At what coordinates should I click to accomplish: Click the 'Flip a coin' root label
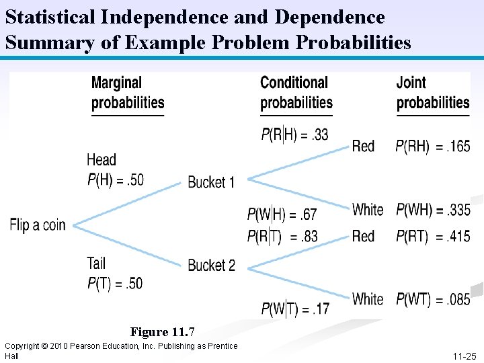[x=38, y=225]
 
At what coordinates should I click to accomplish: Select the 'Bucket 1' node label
[x=211, y=182]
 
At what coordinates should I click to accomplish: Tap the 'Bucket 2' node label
[x=211, y=266]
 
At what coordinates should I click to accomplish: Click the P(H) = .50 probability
[x=115, y=179]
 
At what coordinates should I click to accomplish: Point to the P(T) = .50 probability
[x=115, y=283]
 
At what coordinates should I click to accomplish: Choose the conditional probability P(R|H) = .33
[x=294, y=134]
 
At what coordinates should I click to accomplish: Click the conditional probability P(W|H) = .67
[x=282, y=215]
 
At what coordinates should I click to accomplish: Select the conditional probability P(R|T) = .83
[x=282, y=237]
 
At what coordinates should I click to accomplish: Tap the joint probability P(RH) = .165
[x=433, y=146]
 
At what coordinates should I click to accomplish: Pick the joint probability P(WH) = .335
[x=433, y=210]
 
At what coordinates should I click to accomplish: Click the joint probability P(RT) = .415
[x=433, y=237]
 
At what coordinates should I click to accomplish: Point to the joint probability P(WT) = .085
[x=433, y=299]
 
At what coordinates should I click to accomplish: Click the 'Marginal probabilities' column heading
[x=128, y=93]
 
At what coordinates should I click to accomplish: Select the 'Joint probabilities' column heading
[x=432, y=93]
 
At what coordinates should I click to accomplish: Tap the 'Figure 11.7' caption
[x=162, y=332]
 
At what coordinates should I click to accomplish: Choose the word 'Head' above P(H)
[x=102, y=160]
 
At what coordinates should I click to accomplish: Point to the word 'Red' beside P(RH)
[x=364, y=146]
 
